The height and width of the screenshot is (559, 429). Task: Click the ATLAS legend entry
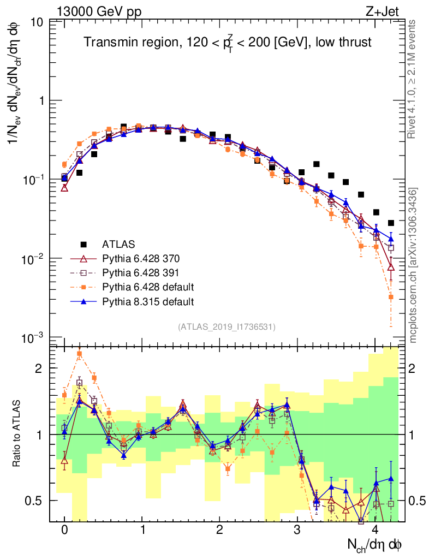click(x=118, y=243)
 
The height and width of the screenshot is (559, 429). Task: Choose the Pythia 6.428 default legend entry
click(x=140, y=287)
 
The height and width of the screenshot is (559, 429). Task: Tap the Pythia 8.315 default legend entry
click(x=140, y=301)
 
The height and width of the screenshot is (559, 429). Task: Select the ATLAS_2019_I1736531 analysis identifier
click(x=227, y=327)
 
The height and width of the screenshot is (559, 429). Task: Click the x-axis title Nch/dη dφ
click(x=376, y=544)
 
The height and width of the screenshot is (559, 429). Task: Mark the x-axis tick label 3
click(x=297, y=530)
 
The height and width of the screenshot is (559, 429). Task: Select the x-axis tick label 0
click(x=64, y=530)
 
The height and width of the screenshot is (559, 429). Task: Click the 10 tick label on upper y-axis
click(x=38, y=23)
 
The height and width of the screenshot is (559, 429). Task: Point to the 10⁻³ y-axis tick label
click(x=34, y=337)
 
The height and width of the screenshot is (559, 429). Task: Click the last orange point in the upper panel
click(x=391, y=297)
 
